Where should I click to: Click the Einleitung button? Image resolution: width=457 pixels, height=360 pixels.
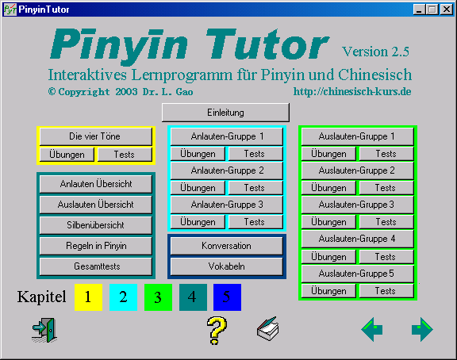tap(225, 113)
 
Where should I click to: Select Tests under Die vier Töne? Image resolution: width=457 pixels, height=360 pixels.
tap(125, 155)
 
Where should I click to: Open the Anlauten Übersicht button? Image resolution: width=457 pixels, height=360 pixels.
tap(96, 184)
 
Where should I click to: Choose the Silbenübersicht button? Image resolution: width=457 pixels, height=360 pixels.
tap(96, 225)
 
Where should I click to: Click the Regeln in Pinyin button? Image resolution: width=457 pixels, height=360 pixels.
tap(96, 246)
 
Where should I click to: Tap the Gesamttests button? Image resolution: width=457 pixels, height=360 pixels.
tap(96, 266)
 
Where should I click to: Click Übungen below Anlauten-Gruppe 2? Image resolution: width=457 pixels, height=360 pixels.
tap(198, 188)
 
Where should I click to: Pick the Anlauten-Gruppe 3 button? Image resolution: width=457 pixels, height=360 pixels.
tap(227, 205)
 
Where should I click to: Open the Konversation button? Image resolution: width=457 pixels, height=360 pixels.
tap(227, 246)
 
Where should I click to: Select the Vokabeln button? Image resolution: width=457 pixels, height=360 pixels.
tap(227, 266)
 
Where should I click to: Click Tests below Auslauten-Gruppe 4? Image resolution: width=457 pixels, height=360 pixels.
tap(386, 257)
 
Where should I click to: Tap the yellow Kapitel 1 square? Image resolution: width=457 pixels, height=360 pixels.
tap(88, 297)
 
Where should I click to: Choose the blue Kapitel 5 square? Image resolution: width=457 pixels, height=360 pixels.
tap(228, 297)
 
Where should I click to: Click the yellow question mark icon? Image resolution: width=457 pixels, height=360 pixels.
tap(217, 331)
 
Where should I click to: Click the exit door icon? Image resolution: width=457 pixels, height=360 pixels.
tap(44, 330)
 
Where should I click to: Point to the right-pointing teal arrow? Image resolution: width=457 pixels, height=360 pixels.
tap(422, 330)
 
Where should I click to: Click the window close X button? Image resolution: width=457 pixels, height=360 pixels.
tap(447, 10)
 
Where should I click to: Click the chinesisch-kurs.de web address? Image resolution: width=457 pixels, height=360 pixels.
tap(352, 91)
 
